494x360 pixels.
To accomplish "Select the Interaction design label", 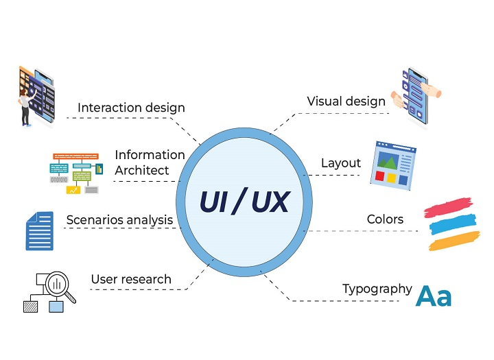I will pos(131,108).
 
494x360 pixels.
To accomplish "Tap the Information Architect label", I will pos(150,162).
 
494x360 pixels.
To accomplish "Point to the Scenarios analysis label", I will pos(119,220).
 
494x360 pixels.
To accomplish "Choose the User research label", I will pos(131,279).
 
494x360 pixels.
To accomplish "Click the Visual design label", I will pos(346,101).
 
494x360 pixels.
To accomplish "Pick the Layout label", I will pos(341,163).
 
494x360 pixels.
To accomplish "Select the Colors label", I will pos(385,219).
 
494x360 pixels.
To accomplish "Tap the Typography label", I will pos(377,289).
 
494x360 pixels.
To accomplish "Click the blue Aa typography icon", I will pos(434,296).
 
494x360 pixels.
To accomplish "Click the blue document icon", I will pos(40,230).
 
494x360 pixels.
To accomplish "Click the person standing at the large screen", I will pos(25,106).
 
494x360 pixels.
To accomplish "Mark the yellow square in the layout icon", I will pos(391,178).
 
